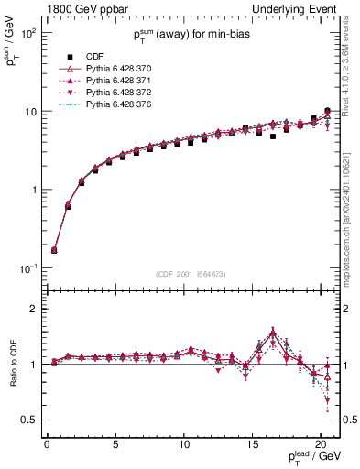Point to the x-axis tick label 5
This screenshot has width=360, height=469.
(115, 444)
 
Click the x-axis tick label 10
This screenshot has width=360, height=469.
(184, 444)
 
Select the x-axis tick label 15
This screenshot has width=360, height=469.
(253, 444)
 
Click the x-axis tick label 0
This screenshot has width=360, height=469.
(47, 444)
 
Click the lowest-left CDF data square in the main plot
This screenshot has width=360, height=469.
(54, 250)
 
